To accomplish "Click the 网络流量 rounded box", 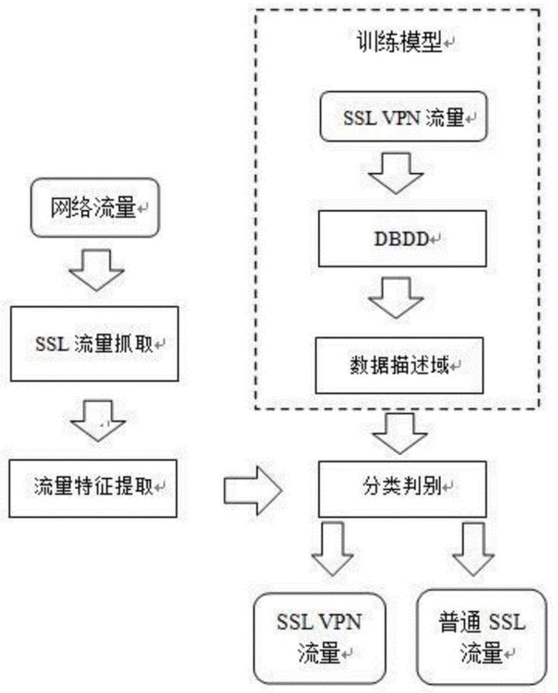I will point(95,208).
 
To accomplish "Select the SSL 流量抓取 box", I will point(94,344).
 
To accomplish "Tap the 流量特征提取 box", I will point(93,488).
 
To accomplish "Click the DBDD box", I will point(402,238).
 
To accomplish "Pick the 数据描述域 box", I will point(399,365).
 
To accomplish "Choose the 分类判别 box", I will point(402,488).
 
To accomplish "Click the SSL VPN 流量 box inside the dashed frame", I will point(403,116).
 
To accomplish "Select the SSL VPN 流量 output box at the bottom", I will point(319,638).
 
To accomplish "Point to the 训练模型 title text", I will point(399,42).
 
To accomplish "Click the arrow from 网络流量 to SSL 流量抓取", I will point(97,270).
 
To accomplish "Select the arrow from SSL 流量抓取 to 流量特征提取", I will point(98,420).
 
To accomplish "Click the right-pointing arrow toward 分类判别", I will point(252,490).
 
